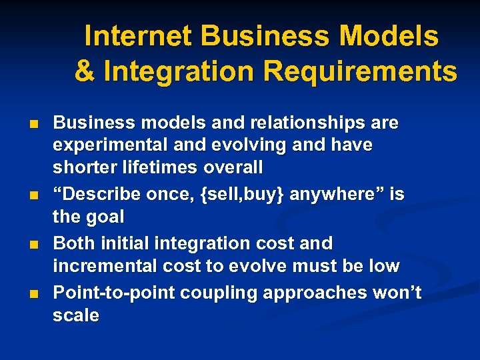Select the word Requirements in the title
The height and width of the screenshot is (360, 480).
pos(361,71)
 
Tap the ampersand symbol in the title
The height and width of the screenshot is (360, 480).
pos(85,71)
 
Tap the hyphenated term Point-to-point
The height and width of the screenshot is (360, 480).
pos(103,293)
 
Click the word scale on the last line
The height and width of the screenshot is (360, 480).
pos(76,315)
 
